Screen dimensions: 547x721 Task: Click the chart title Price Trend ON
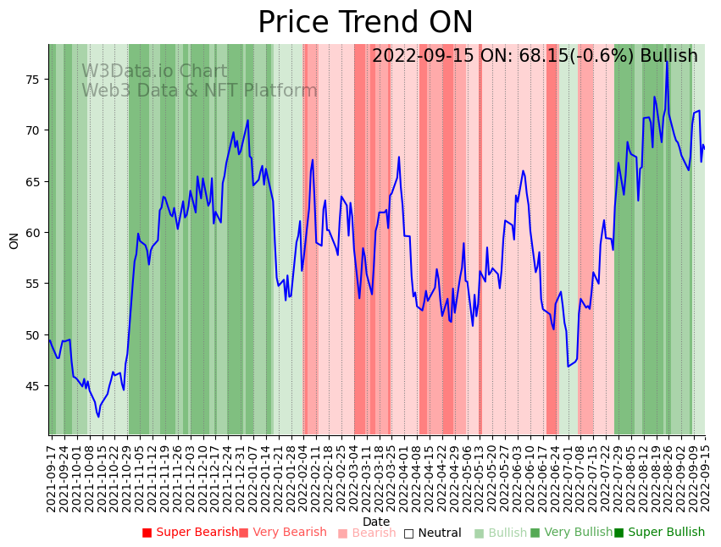pyautogui.click(x=365, y=23)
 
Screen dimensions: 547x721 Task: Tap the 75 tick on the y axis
pyautogui.click(x=35, y=80)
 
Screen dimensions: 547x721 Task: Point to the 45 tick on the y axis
pyautogui.click(x=35, y=386)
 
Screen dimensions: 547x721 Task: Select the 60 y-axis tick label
pyautogui.click(x=35, y=233)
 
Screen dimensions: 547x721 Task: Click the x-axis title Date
pyautogui.click(x=376, y=522)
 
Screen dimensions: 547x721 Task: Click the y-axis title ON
pyautogui.click(x=14, y=240)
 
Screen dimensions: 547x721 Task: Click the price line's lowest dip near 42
pyautogui.click(x=98, y=417)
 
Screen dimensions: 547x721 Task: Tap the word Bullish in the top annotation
pyautogui.click(x=668, y=56)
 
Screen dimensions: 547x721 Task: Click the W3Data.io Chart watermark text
pyautogui.click(x=154, y=72)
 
